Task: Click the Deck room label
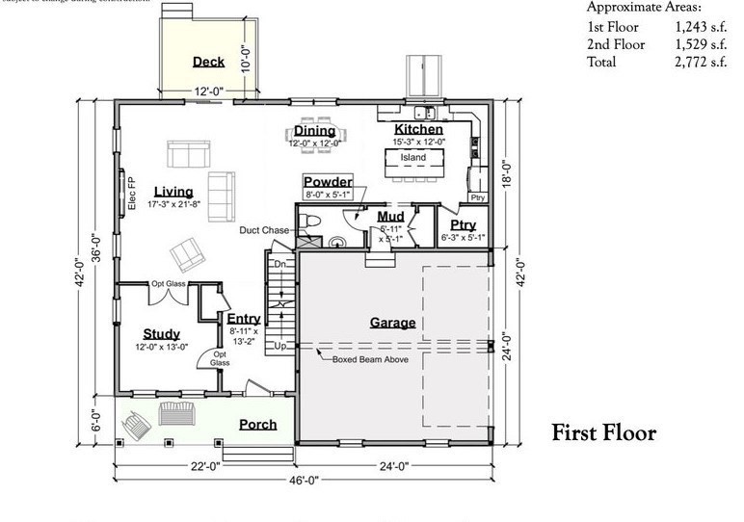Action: pyautogui.click(x=208, y=62)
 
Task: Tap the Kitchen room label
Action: pyautogui.click(x=418, y=129)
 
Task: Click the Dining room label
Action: pyautogui.click(x=314, y=131)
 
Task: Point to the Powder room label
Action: pyautogui.click(x=328, y=182)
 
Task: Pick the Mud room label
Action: pyautogui.click(x=390, y=217)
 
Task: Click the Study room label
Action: pyautogui.click(x=162, y=334)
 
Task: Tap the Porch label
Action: pyautogui.click(x=258, y=424)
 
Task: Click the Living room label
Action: pyautogui.click(x=173, y=192)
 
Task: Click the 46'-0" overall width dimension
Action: pyautogui.click(x=302, y=479)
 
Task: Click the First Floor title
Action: pyautogui.click(x=603, y=432)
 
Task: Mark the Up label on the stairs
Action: pyautogui.click(x=281, y=345)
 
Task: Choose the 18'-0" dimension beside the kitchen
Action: pyautogui.click(x=518, y=173)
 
